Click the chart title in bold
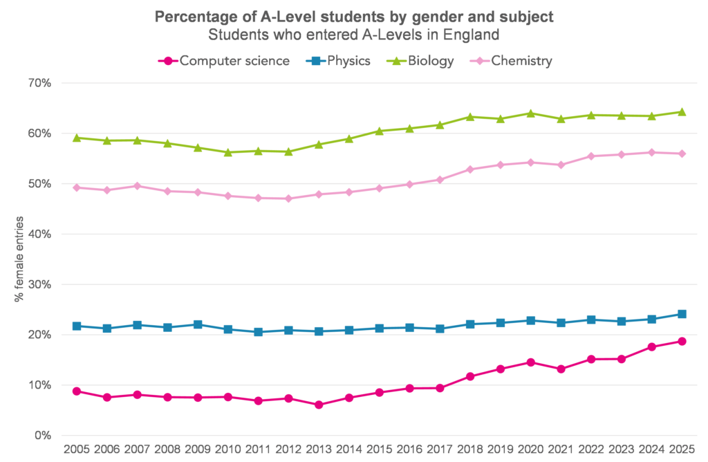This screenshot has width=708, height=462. pos(353,16)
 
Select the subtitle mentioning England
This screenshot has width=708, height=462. pos(353,33)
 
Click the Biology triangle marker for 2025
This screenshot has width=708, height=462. pos(681,111)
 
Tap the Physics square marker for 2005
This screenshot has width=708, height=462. pos(77,326)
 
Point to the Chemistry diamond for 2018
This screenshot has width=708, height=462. pos(469,169)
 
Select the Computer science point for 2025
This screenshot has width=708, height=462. pos(681,341)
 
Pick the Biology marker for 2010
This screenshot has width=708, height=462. pos(228,152)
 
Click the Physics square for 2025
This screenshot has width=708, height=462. pos(681,314)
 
